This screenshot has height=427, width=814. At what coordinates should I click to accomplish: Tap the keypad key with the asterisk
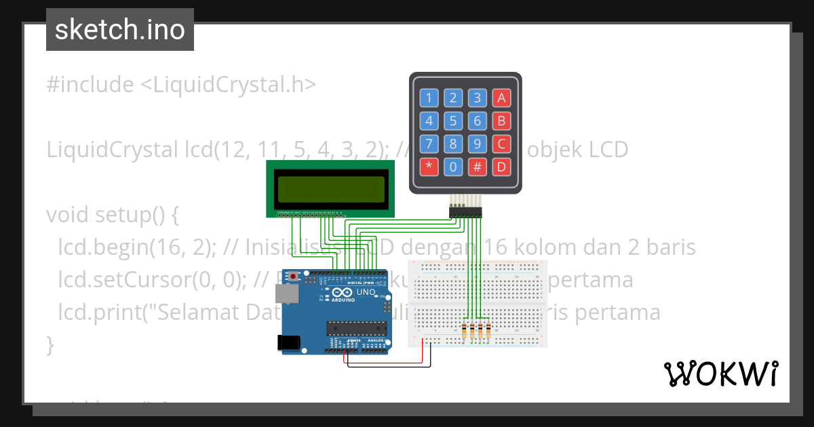pos(428,166)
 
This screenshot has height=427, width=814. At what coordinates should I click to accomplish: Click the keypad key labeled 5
pos(453,121)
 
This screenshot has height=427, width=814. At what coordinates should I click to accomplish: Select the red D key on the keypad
pos(501,166)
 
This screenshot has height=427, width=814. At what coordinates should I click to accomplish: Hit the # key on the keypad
pos(478,166)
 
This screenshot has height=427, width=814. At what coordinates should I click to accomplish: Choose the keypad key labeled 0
pos(453,166)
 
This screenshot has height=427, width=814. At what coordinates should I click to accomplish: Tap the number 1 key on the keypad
pos(428,98)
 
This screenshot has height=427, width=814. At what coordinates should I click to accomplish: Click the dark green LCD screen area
pos(330,190)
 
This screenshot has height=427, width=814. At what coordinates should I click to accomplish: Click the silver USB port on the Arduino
pos(285,293)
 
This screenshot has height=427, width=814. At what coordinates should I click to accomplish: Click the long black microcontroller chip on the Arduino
pos(357,328)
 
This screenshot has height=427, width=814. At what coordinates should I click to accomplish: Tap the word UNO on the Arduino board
pos(366,292)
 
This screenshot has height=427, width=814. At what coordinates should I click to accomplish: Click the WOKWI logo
pos(720,373)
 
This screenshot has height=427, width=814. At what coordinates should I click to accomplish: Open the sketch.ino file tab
pos(120,30)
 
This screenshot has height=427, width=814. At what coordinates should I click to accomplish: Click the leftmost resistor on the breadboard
pos(465,331)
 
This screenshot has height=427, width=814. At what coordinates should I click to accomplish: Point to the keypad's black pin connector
pos(465,213)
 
